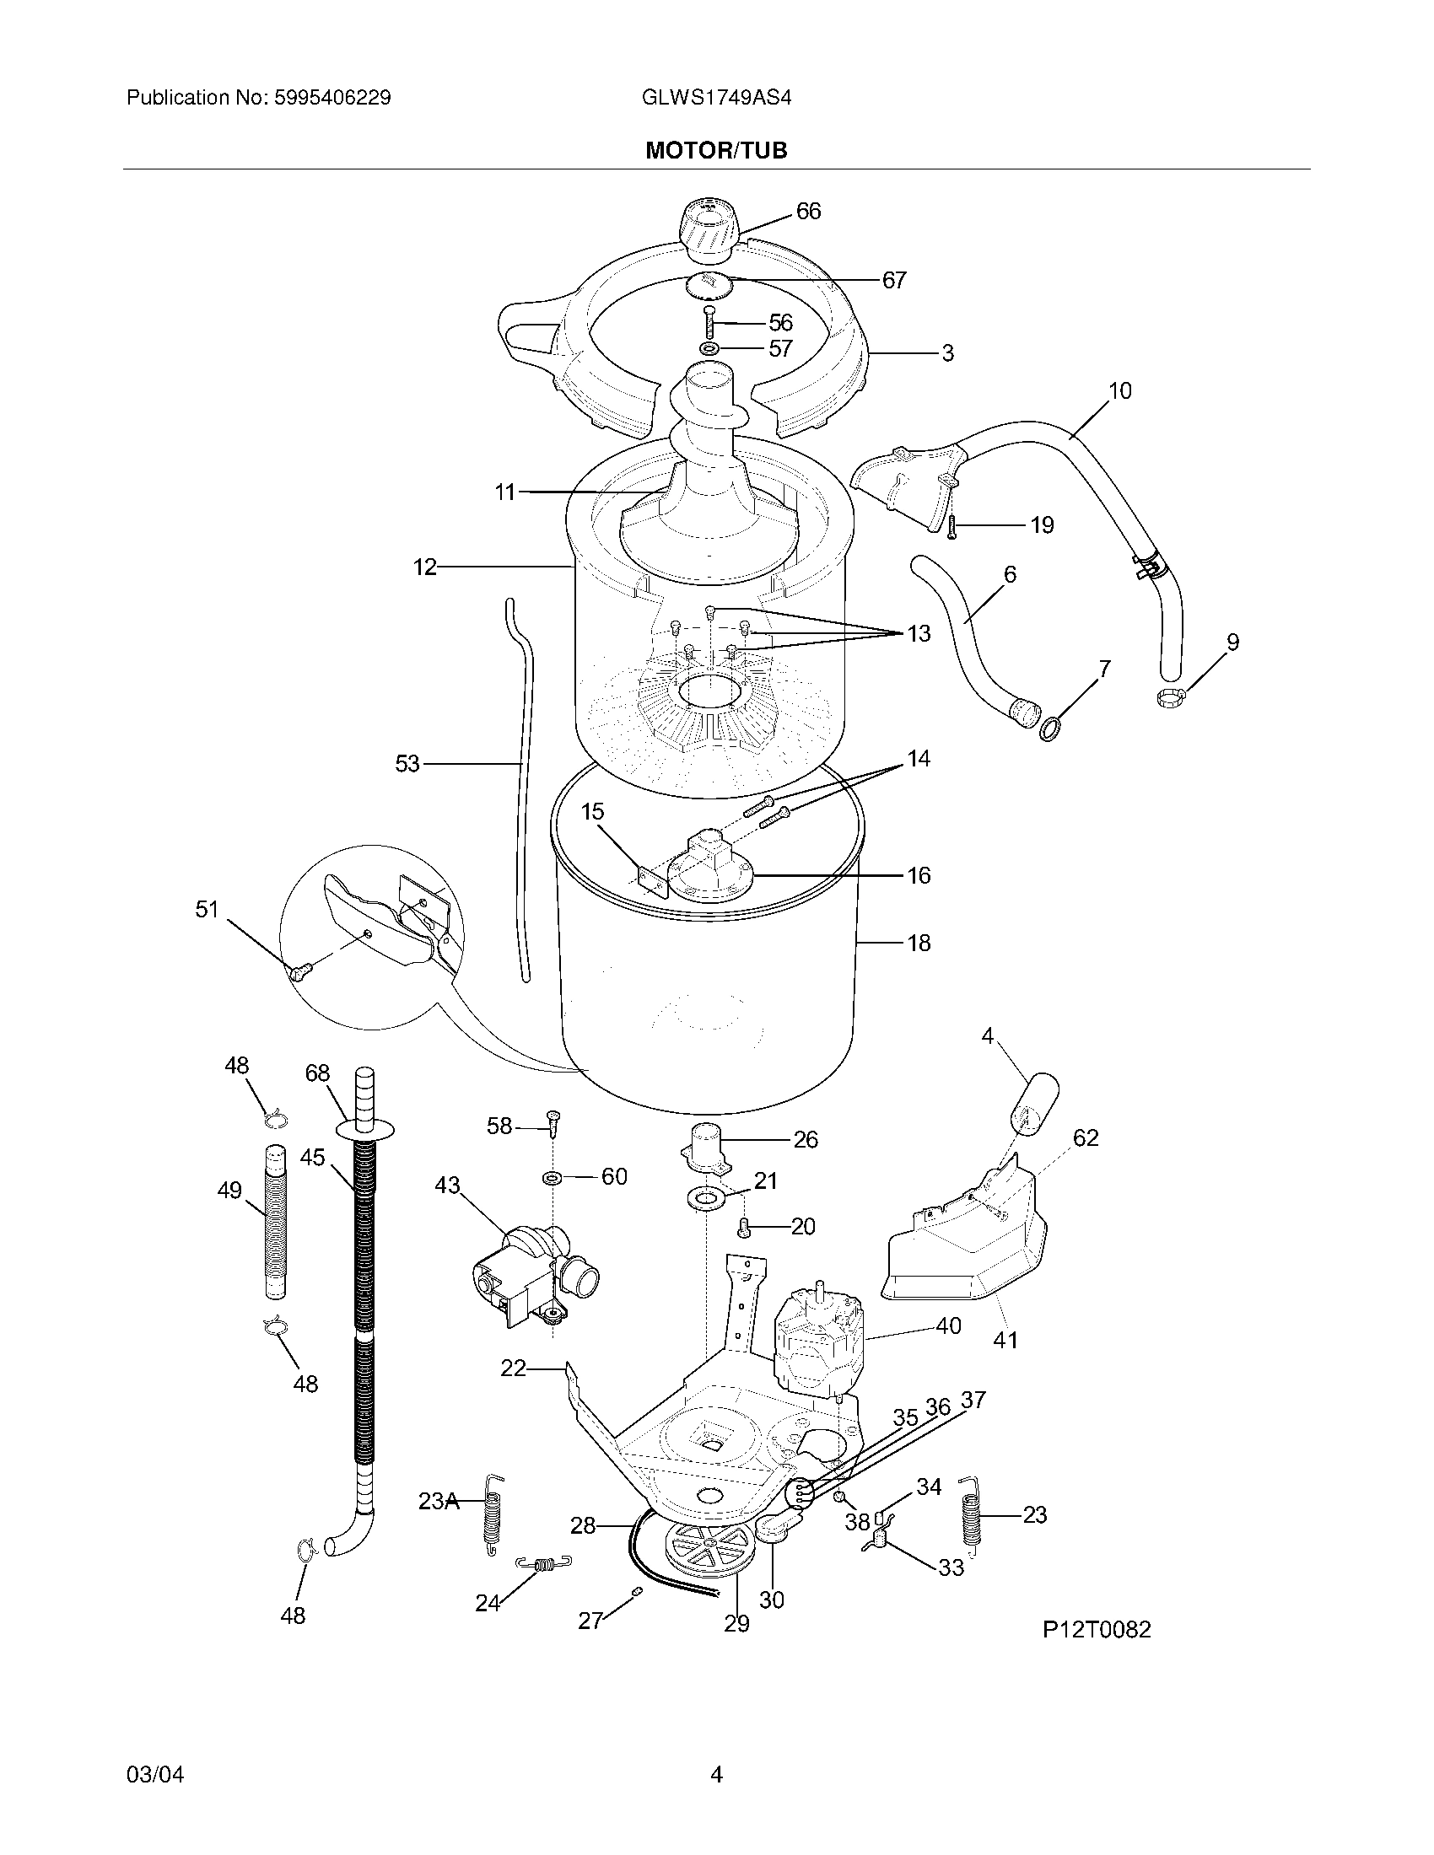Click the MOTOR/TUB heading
[716, 150]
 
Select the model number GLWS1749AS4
[716, 98]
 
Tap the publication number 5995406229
[332, 98]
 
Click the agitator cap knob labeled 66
[708, 226]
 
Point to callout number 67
[893, 279]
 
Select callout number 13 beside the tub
[919, 633]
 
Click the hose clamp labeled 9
[1170, 698]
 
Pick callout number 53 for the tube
[407, 764]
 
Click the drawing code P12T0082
[1097, 1629]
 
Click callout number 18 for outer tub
[919, 943]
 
